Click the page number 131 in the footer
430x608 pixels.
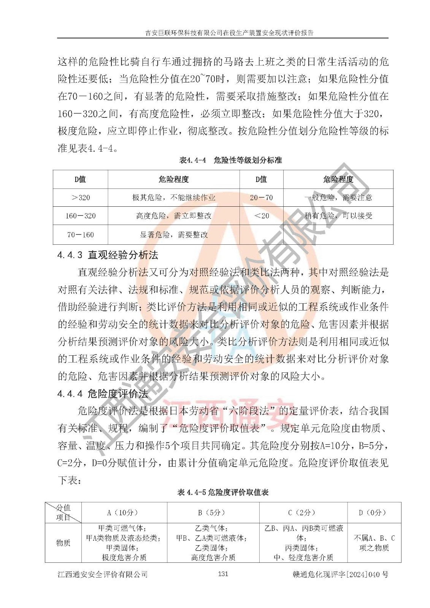coord(223,574)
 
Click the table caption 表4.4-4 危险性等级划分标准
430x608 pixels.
coord(230,160)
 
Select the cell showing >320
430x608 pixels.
coord(81,198)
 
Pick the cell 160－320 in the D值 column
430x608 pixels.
coord(81,216)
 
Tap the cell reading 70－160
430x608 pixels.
coord(81,235)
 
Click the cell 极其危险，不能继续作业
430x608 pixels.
coord(174,198)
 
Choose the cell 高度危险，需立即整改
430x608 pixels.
coord(174,216)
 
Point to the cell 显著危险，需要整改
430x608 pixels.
coord(174,235)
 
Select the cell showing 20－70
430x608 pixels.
coord(261,198)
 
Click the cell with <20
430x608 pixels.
coord(261,216)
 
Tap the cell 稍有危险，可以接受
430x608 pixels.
coord(338,216)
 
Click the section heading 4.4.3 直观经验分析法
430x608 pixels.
coord(108,255)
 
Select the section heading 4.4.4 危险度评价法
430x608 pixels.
coord(103,394)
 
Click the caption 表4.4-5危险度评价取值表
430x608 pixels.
coord(223,492)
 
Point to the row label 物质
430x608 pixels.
coord(63,543)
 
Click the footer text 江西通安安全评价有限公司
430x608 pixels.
coord(103,574)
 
